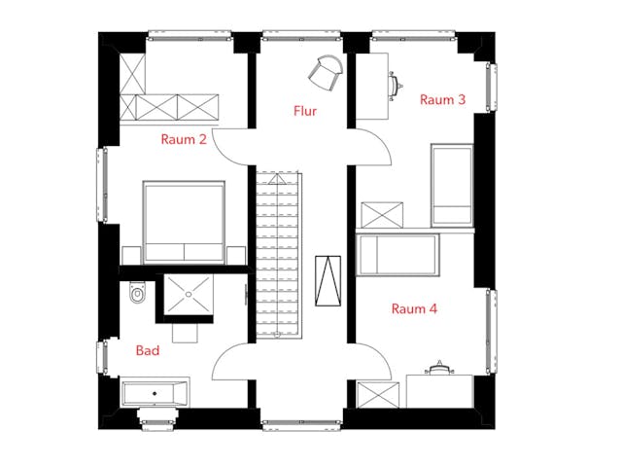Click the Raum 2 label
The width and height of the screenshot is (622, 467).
pos(184,139)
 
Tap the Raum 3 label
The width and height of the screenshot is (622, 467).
pos(442,99)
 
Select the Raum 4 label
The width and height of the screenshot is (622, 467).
pos(414,308)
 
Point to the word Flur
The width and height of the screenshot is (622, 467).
pos(305,111)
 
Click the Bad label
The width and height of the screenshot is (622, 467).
pos(148,350)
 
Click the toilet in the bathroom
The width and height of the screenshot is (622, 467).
pos(137,292)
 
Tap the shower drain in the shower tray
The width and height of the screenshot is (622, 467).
pos(189,294)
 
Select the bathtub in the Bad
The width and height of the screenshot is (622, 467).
pos(155,393)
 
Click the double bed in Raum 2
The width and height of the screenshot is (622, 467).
pos(184,222)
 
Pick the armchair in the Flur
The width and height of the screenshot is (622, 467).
pos(326,73)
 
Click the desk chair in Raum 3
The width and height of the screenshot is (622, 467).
pos(396,85)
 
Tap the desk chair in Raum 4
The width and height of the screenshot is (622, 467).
pos(438,369)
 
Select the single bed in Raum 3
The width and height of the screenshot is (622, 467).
pos(452,185)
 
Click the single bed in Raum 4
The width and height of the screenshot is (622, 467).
pos(397,255)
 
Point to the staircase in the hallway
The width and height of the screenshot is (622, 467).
pos(277,255)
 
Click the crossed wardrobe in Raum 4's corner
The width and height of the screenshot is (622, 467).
pos(378,395)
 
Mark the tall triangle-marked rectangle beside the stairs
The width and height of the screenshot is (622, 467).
pos(328,281)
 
